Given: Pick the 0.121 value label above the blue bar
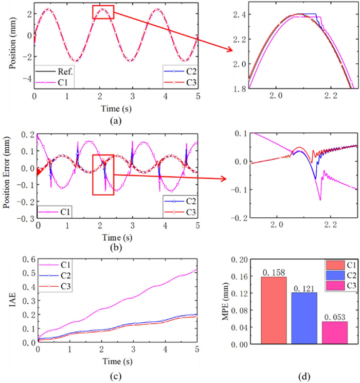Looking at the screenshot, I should coord(304,288).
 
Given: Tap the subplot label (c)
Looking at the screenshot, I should coord(108,376).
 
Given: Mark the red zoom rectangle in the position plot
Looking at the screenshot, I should coord(103,12).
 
